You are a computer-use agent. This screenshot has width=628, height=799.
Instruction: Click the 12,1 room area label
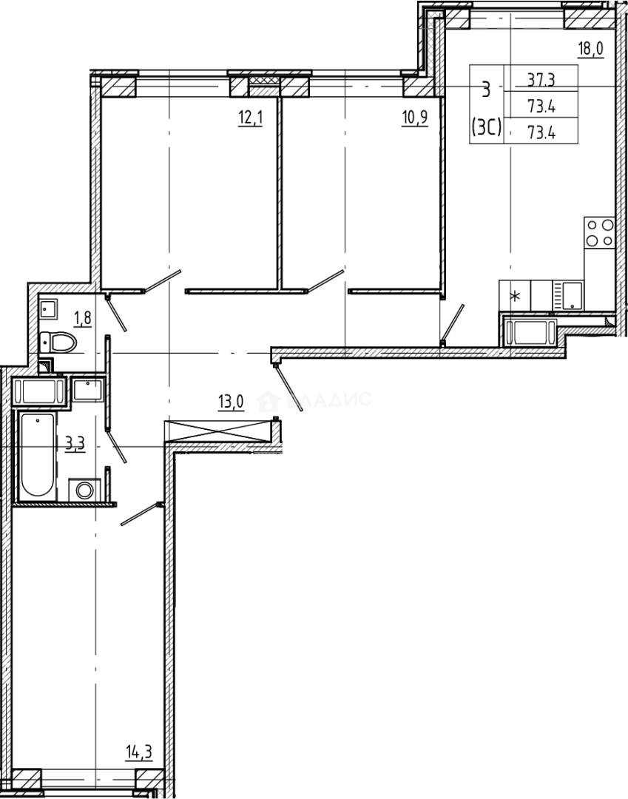250,119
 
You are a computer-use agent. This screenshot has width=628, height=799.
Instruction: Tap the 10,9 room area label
414,119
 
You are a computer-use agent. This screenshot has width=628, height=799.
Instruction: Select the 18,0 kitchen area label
590,50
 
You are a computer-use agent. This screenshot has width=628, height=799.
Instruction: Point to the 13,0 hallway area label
231,402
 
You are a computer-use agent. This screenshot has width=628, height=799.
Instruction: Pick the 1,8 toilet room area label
81,319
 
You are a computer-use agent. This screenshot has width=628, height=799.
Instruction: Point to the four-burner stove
598,232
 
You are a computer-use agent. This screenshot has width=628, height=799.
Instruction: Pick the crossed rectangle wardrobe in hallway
219,432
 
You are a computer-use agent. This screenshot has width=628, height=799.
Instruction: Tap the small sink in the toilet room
50,308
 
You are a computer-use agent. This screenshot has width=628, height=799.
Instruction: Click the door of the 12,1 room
163,281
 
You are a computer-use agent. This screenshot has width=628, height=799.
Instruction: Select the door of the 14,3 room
141,514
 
